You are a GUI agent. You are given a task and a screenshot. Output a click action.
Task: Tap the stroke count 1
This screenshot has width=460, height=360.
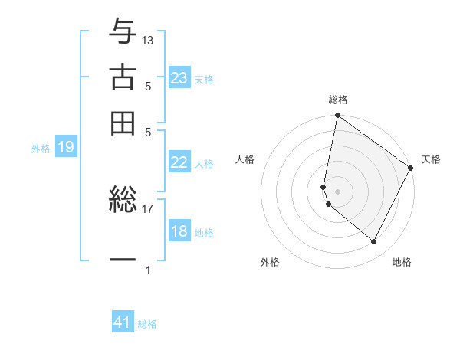tap(148, 270)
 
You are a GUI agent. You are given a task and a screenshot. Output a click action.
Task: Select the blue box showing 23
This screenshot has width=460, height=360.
tap(179, 78)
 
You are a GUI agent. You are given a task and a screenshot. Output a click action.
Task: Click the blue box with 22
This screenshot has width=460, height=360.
tap(179, 162)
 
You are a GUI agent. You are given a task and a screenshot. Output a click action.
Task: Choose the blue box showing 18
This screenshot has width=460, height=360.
tap(179, 231)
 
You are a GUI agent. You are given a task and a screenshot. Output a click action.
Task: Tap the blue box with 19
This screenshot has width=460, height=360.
tap(66, 148)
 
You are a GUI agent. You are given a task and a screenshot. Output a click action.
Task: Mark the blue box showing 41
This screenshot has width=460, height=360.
tap(123, 322)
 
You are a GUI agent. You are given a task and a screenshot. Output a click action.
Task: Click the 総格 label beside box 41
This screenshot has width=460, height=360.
tap(147, 324)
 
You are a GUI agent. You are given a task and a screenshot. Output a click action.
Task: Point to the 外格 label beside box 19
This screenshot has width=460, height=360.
tap(40, 149)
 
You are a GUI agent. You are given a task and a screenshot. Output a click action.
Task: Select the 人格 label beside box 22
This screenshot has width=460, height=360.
tap(204, 164)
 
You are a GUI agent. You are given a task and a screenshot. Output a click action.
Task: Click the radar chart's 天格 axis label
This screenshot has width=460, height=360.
tap(431, 159)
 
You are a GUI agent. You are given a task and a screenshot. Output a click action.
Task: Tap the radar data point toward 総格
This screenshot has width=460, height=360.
tap(337, 116)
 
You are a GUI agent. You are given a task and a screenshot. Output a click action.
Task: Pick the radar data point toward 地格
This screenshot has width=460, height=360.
tap(374, 242)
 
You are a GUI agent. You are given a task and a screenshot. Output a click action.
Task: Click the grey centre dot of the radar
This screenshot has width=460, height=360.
tap(337, 191)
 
